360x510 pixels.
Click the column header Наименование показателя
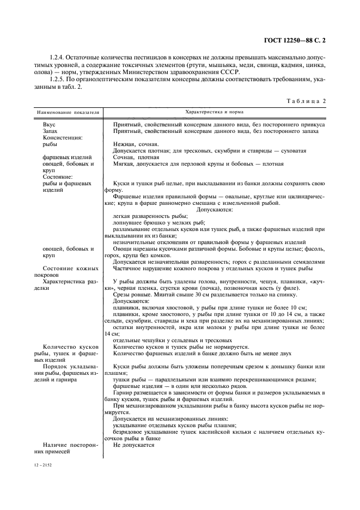tap(68, 112)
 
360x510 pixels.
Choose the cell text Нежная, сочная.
tap(131, 144)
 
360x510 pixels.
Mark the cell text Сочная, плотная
tap(132, 157)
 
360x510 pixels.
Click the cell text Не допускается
tap(133, 445)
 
